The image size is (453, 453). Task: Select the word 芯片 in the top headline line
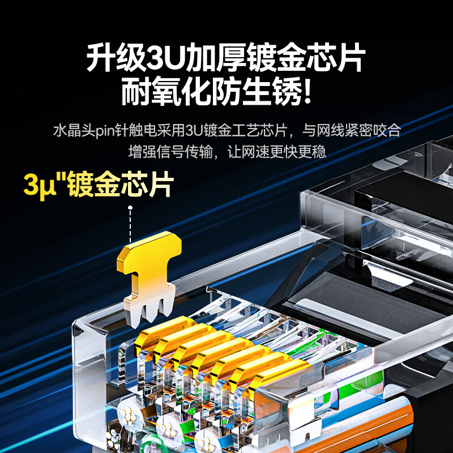[338, 58]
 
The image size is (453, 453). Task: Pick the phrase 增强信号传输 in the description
[170, 152]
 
